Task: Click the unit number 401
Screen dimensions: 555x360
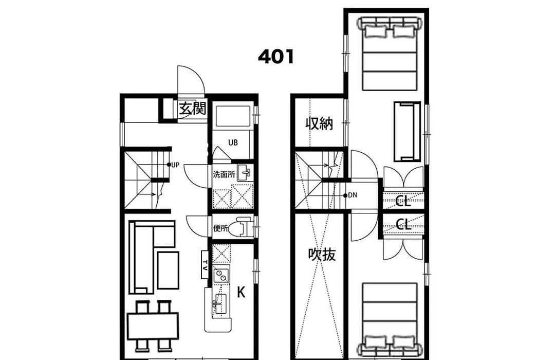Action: [x=276, y=57]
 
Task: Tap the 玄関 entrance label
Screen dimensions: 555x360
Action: [x=192, y=108]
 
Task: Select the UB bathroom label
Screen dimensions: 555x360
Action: [x=233, y=142]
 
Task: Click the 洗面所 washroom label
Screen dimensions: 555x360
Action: [x=224, y=174]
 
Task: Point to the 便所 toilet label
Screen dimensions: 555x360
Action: [x=220, y=228]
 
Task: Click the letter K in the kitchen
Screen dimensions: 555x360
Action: [x=241, y=293]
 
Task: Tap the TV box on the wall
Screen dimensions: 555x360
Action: [x=205, y=264]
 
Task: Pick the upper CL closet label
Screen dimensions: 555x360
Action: [x=403, y=202]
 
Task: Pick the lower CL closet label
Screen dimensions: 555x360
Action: [x=403, y=224]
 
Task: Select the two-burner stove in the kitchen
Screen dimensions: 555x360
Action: [x=221, y=275]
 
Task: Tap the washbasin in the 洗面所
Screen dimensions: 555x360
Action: [x=245, y=173]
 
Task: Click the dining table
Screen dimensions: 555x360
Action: [x=153, y=326]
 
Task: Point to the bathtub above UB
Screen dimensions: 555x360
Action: [x=233, y=116]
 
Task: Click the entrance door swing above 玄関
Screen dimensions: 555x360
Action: [x=191, y=80]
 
